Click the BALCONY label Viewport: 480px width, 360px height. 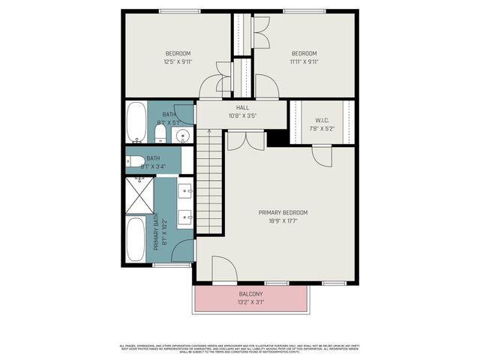[250, 294]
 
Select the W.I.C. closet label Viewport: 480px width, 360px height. [322, 119]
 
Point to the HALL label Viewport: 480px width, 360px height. [242, 108]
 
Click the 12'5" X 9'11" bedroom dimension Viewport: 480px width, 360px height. [178, 61]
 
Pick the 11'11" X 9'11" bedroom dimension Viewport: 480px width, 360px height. [304, 61]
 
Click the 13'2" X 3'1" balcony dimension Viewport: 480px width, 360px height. [250, 302]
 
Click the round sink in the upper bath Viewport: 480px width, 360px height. [183, 136]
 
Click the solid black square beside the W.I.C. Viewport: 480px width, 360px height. [278, 138]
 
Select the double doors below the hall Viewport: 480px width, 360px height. [245, 139]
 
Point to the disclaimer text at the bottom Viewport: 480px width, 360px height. [240, 348]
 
